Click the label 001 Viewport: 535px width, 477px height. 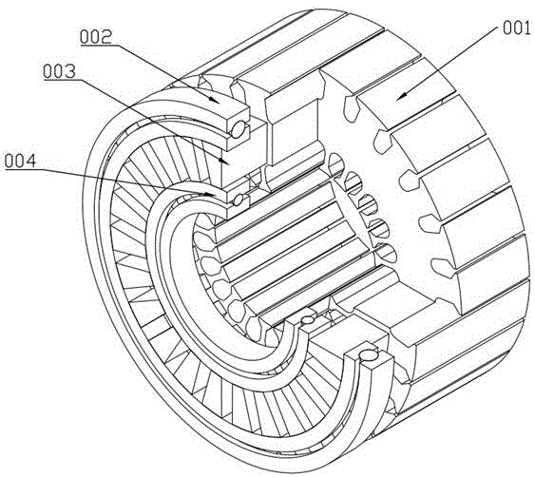pyautogui.click(x=517, y=28)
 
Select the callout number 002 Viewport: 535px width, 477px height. pyautogui.click(x=96, y=37)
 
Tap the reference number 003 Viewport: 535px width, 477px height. pyautogui.click(x=59, y=71)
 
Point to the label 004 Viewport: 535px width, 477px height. pyautogui.click(x=20, y=161)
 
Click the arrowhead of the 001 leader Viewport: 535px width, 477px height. pyautogui.click(x=402, y=97)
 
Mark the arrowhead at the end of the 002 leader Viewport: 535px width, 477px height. pyautogui.click(x=214, y=98)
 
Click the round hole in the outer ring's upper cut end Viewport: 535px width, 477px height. pyautogui.click(x=238, y=129)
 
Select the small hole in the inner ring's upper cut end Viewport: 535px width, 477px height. pyautogui.click(x=238, y=200)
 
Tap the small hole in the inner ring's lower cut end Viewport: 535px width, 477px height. pyautogui.click(x=308, y=319)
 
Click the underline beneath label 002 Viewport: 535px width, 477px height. pyautogui.click(x=97, y=46)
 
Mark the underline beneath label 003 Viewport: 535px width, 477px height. pyautogui.click(x=61, y=80)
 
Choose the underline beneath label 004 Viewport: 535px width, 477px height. pyautogui.click(x=21, y=168)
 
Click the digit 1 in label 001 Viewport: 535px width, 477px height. pyautogui.click(x=526, y=28)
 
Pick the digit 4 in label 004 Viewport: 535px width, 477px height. pyautogui.click(x=31, y=161)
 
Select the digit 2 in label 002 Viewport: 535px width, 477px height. pyautogui.click(x=106, y=37)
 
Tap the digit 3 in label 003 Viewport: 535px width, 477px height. pyautogui.click(x=70, y=71)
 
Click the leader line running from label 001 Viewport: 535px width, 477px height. pyautogui.click(x=449, y=63)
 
